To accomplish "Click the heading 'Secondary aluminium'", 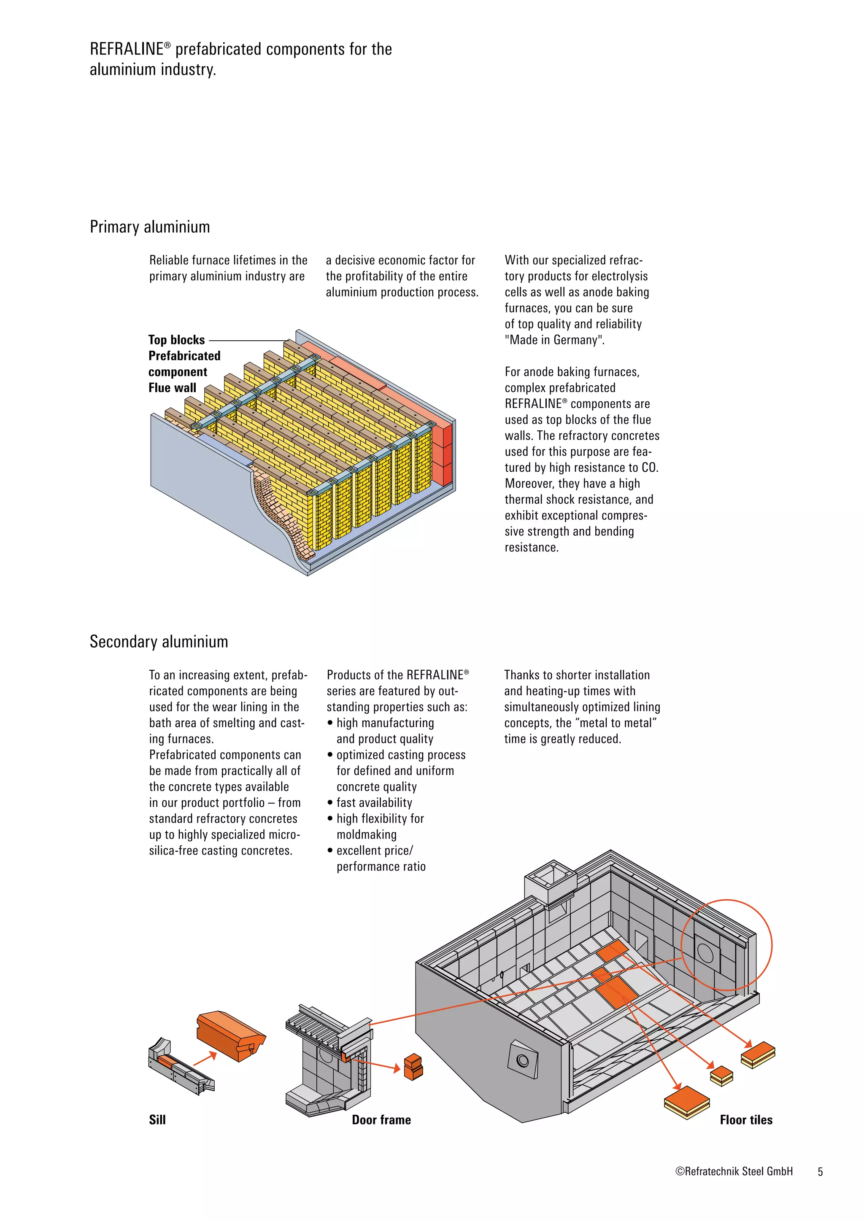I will [x=159, y=642].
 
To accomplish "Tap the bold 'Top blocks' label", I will [x=176, y=340].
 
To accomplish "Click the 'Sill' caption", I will [x=157, y=1119].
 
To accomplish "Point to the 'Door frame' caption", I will [x=381, y=1119].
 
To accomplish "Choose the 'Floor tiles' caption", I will [x=745, y=1119].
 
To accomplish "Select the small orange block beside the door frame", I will [x=413, y=1066].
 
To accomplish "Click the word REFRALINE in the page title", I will [x=127, y=49].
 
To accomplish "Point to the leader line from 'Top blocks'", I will [x=248, y=340].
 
